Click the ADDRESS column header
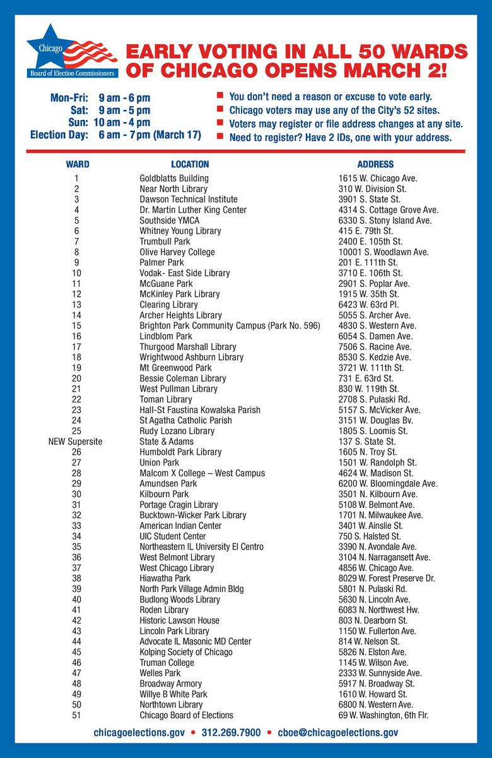[375, 164]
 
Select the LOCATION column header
[190, 164]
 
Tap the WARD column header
[77, 164]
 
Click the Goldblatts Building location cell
[173, 179]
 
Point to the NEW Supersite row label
[75, 442]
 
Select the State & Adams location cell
[167, 442]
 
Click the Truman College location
[167, 663]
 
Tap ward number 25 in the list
[76, 431]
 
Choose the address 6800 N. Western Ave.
[376, 705]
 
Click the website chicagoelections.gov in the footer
[139, 733]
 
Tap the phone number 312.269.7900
[231, 733]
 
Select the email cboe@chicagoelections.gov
[337, 733]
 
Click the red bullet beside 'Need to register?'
[220, 136]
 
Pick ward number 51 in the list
[76, 715]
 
